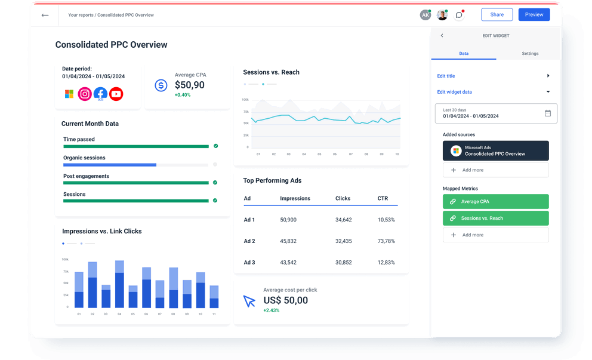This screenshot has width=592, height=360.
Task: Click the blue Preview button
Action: point(534,15)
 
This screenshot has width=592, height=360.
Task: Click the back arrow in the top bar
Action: point(45,15)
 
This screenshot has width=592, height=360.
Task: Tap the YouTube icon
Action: point(116,94)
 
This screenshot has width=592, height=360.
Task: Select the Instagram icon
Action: point(85,94)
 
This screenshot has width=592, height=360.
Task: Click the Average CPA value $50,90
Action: point(189,85)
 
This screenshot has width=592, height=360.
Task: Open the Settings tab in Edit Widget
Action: point(529,54)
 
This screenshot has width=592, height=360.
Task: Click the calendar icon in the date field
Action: point(548,113)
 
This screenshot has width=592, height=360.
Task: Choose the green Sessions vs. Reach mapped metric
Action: point(495,219)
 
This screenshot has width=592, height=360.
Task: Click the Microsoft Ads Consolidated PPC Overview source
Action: point(495,151)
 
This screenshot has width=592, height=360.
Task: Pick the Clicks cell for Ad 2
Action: point(343,241)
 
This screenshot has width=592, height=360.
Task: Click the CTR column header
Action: point(383,198)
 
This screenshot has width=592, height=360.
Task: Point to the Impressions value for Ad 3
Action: point(288,263)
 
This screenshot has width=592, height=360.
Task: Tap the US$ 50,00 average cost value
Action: point(285,300)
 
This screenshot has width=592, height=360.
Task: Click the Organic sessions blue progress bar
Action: point(110,164)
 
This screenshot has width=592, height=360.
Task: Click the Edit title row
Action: point(494,76)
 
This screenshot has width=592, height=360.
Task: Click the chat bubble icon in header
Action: point(459,15)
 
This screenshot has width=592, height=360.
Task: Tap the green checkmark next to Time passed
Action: point(215,146)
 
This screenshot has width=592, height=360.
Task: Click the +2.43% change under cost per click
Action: point(272,310)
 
